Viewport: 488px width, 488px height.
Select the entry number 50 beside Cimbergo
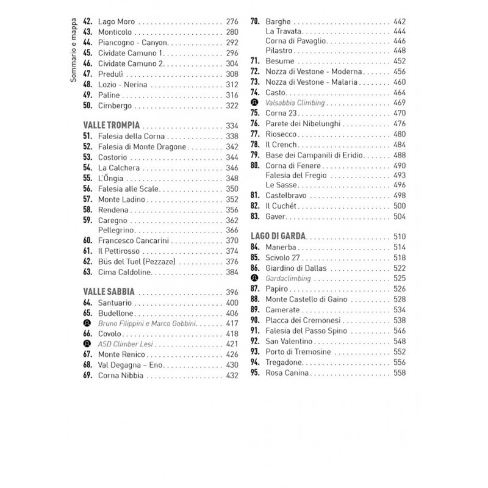click(x=87, y=106)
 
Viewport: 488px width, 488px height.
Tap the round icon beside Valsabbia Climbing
click(x=254, y=102)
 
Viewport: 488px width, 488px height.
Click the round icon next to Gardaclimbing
click(x=254, y=278)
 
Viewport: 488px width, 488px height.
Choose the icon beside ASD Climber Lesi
click(x=87, y=344)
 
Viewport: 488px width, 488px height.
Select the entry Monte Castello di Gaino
click(x=310, y=299)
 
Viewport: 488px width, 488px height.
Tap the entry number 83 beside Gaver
click(x=255, y=216)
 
